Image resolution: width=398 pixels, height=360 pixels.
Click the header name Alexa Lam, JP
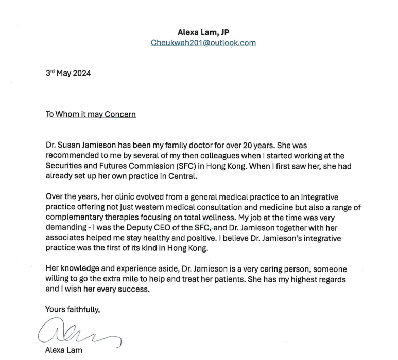tap(203, 32)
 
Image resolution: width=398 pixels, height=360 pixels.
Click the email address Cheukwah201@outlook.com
tap(203, 43)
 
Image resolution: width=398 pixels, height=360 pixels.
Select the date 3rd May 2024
tap(68, 73)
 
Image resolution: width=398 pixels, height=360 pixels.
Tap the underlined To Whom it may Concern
tap(91, 114)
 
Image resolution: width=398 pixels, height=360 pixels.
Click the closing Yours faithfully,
tap(73, 310)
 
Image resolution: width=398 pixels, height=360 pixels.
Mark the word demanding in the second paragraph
tap(66, 228)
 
